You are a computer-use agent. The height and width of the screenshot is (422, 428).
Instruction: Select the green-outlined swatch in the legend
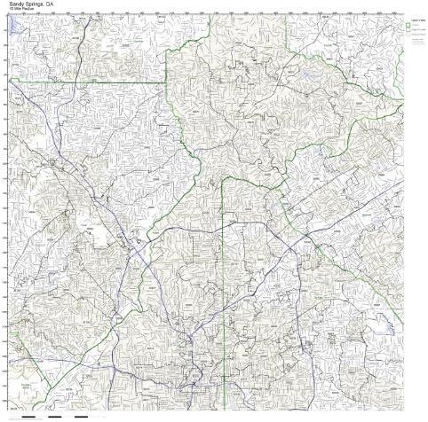pyautogui.click(x=408, y=27)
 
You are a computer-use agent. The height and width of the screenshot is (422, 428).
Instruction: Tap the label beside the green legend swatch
pyautogui.click(x=417, y=27)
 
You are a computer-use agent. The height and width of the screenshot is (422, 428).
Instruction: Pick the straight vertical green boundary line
pyautogui.click(x=223, y=266)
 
